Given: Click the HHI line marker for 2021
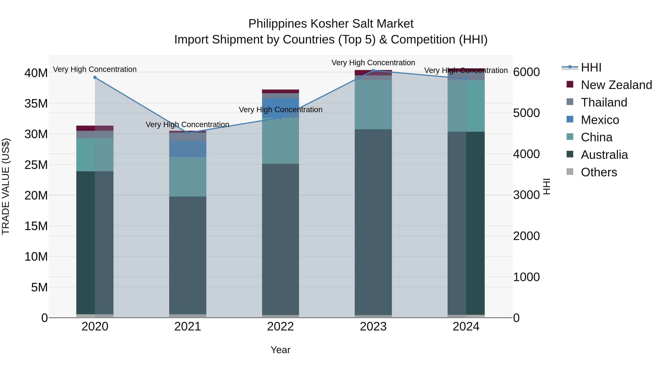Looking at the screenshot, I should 188,133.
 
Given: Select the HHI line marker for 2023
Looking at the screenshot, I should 373,70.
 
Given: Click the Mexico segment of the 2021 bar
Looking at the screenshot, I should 188,149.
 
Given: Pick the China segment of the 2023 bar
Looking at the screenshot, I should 373,104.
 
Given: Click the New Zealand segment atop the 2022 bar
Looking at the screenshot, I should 280,91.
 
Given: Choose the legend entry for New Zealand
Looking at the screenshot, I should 616,85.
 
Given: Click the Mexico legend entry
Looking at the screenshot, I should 600,120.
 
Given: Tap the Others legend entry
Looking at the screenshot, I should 599,172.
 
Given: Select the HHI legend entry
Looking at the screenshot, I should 591,67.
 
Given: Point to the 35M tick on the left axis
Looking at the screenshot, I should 36,104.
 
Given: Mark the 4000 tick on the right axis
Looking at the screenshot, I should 526,154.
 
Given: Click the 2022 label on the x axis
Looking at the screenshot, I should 280,327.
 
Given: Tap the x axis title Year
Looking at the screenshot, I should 280,350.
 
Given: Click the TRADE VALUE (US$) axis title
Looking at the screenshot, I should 6,186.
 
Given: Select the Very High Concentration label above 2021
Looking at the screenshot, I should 187,125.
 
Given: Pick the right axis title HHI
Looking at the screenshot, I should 547,186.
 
